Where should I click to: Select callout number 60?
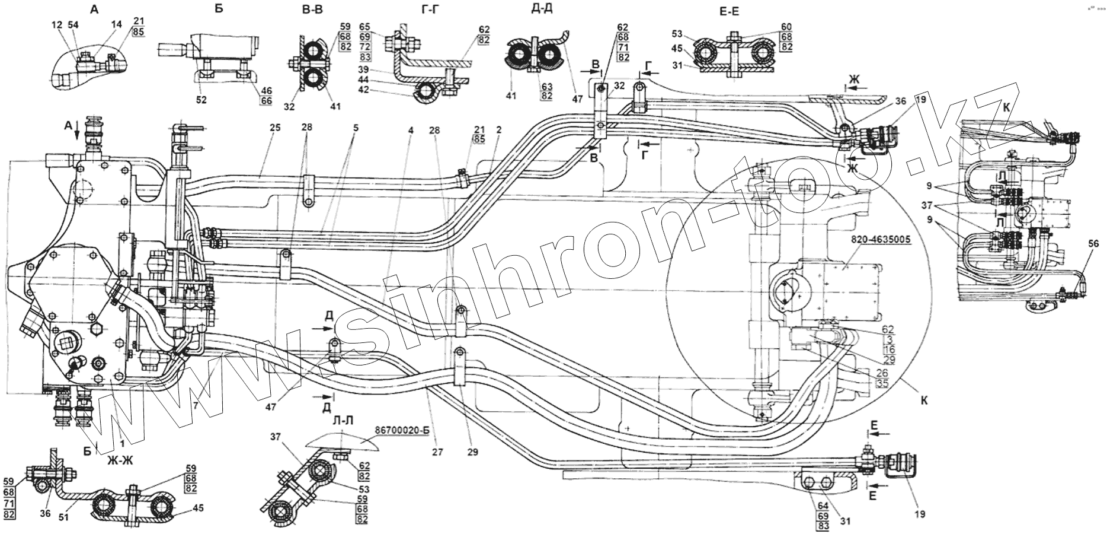tap(769, 26)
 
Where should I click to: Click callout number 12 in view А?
tap(56, 25)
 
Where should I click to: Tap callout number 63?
tap(546, 87)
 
